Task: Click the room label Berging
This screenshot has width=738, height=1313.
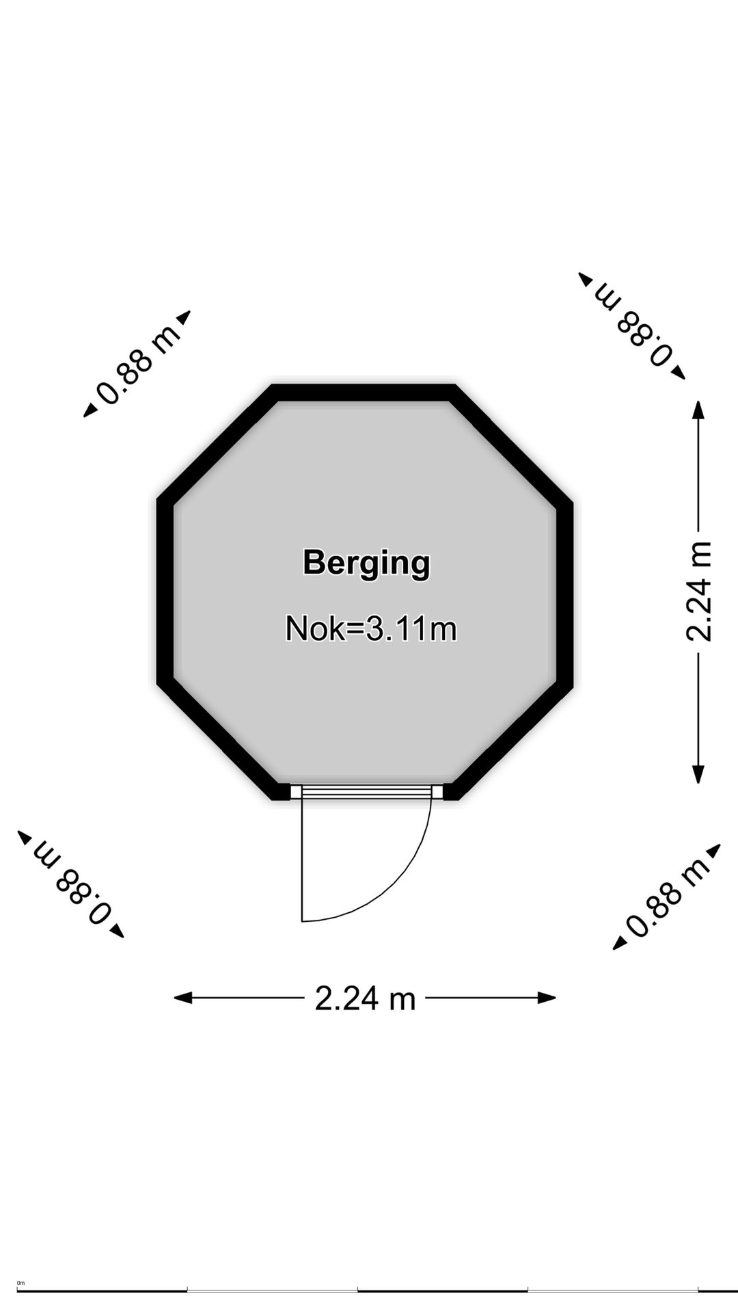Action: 366,563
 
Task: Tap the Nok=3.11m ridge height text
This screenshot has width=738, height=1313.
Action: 371,628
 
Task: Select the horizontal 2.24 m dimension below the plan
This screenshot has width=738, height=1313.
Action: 365,998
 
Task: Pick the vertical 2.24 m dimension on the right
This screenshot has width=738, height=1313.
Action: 698,592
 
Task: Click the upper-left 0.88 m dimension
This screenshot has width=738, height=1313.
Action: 137,363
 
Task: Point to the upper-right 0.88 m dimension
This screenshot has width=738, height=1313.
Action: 632,326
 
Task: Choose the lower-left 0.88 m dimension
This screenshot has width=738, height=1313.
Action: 71,884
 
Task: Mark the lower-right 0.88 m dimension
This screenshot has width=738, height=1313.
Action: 667,897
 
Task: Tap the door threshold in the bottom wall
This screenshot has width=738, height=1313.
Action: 366,792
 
